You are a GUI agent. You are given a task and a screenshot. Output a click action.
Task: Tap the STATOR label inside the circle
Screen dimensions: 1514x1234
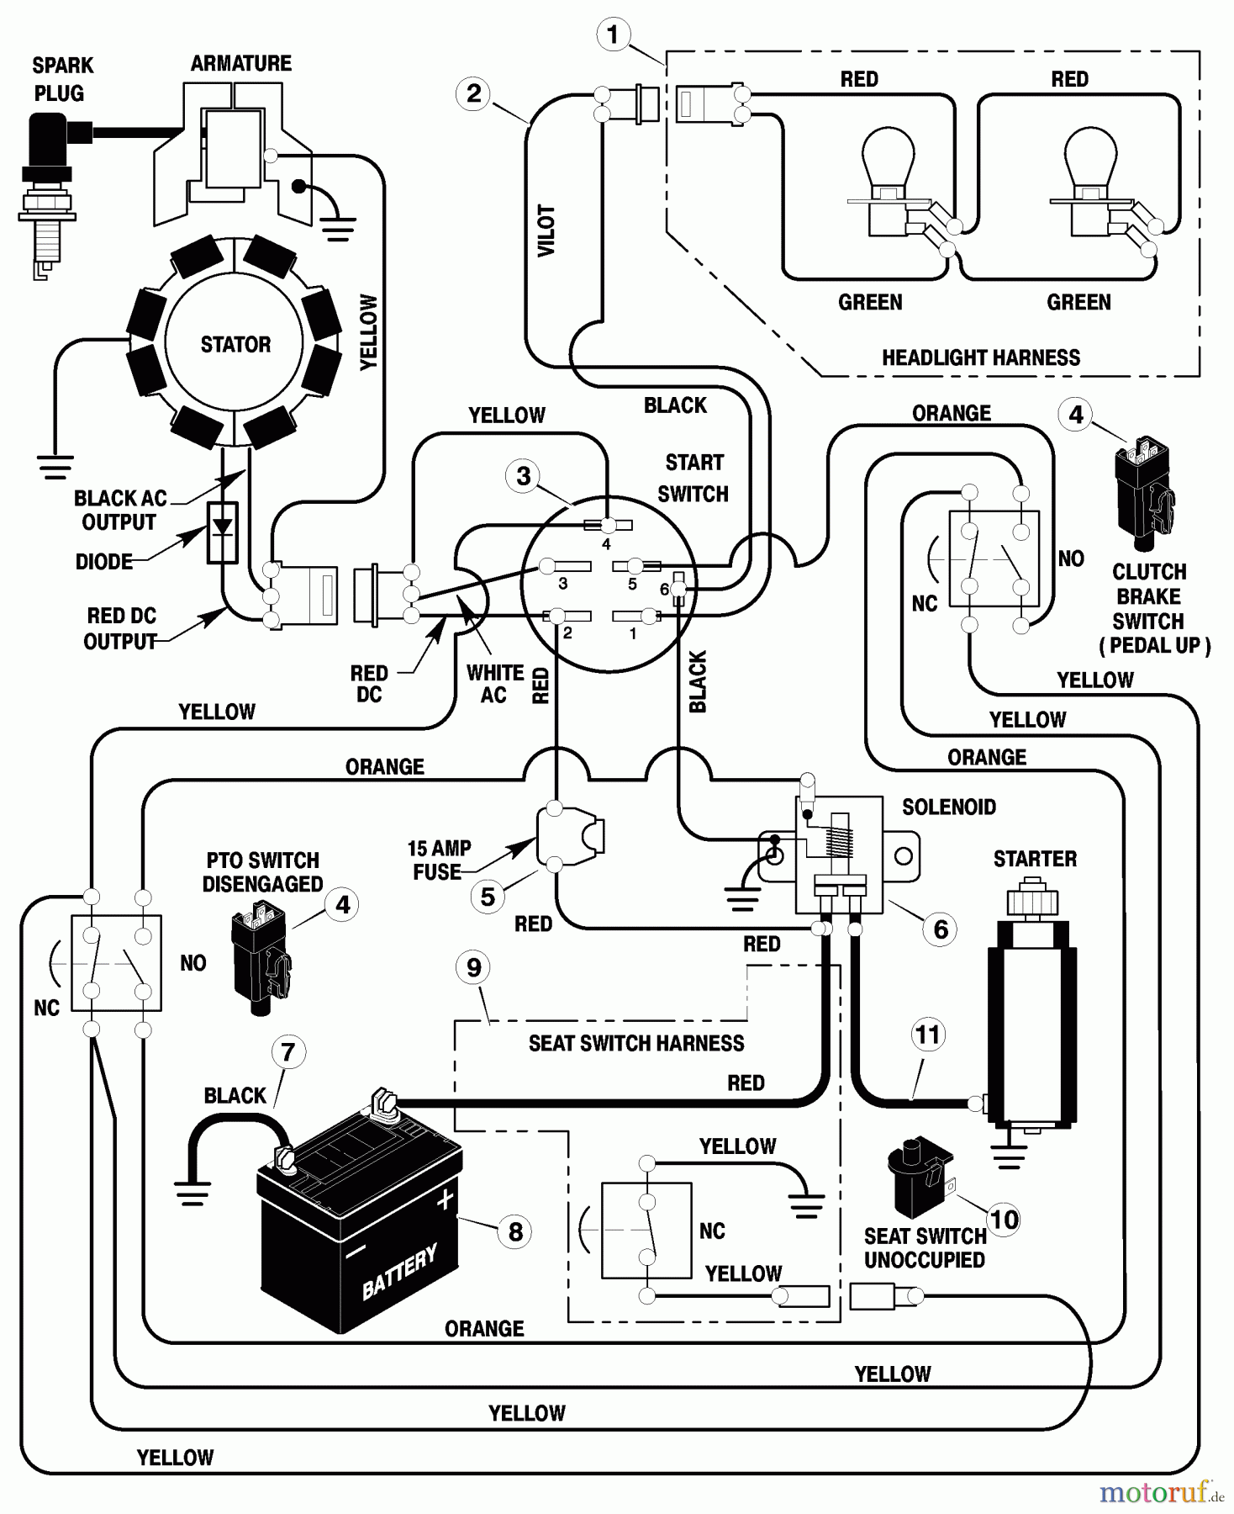tap(235, 344)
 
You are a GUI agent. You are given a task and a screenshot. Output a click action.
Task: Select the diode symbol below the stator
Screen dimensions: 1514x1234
tap(223, 532)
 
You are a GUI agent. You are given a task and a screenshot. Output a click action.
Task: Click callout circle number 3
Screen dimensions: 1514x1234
tap(524, 476)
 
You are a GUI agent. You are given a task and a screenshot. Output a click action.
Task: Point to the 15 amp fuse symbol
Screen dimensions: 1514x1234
tap(570, 837)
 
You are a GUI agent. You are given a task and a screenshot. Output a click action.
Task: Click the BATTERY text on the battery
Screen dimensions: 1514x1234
tap(399, 1272)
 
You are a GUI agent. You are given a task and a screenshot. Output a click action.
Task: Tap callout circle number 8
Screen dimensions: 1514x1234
tap(515, 1232)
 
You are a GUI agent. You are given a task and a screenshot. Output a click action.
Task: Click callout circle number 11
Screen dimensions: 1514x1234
tap(927, 1035)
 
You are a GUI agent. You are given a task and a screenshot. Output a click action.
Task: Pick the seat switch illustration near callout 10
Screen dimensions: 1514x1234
tap(918, 1176)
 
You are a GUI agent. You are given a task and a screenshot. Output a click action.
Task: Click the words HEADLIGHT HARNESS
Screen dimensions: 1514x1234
tap(980, 357)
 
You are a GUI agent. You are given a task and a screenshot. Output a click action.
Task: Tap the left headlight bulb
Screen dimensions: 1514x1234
tap(889, 181)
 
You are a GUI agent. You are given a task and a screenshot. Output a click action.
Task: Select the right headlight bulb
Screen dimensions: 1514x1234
tap(1091, 181)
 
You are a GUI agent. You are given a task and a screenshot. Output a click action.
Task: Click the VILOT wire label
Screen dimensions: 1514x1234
tap(546, 230)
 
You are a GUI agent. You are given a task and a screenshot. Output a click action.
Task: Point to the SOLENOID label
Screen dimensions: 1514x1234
tap(948, 807)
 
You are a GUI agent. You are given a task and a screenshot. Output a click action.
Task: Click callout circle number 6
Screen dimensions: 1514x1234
tap(941, 929)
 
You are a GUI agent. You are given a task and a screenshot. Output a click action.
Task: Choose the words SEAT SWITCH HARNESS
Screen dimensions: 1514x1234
tap(635, 1044)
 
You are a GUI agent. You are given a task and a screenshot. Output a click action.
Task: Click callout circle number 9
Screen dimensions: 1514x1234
tap(474, 967)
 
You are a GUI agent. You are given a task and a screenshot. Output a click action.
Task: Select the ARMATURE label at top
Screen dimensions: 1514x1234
tap(240, 64)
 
